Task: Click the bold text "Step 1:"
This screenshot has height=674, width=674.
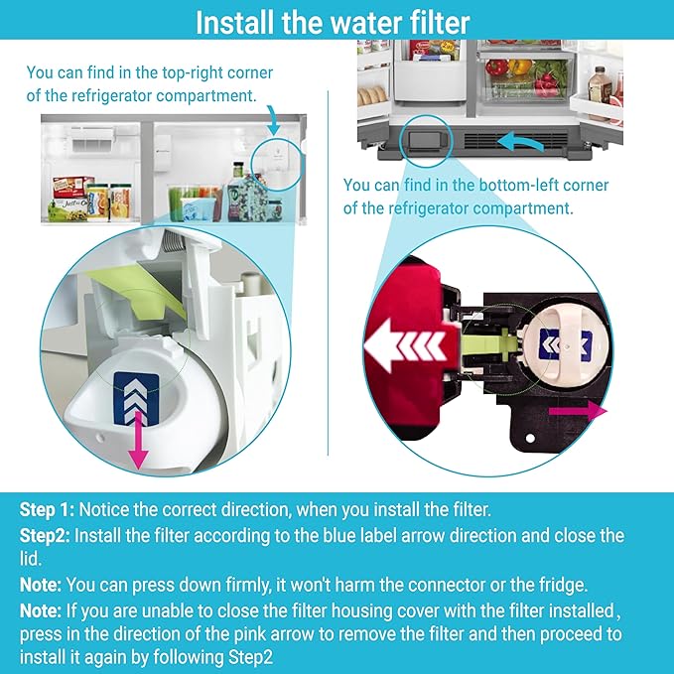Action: pos(47,510)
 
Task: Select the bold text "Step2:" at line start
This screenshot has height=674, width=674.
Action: pos(45,536)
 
